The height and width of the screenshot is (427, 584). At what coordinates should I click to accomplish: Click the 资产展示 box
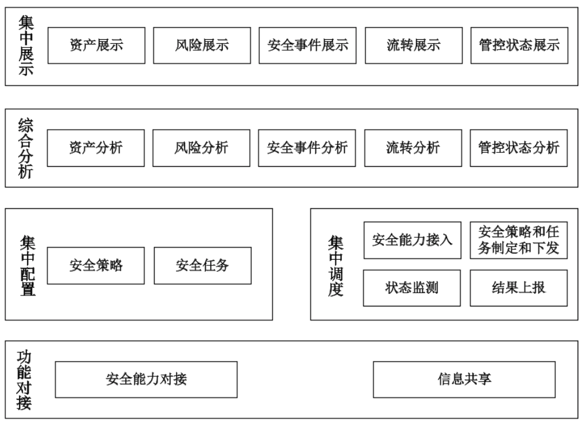pyautogui.click(x=96, y=45)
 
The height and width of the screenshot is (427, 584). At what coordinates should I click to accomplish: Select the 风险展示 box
pyautogui.click(x=202, y=45)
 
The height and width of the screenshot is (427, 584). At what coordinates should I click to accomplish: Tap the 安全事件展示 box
pyautogui.click(x=308, y=45)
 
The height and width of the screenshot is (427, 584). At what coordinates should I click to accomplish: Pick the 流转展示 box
pyautogui.click(x=413, y=45)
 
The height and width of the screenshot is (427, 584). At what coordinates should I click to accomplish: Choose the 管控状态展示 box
pyautogui.click(x=519, y=45)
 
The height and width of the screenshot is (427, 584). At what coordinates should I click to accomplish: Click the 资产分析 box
pyautogui.click(x=96, y=148)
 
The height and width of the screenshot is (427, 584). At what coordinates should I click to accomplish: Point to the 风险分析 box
pyautogui.click(x=201, y=148)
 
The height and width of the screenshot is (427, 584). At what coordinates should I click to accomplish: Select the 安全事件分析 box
pyautogui.click(x=307, y=148)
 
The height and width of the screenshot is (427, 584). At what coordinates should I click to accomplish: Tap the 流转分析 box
pyautogui.click(x=413, y=148)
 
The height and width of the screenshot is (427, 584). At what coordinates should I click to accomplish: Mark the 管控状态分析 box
pyautogui.click(x=519, y=148)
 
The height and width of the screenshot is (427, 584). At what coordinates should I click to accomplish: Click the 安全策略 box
pyautogui.click(x=96, y=265)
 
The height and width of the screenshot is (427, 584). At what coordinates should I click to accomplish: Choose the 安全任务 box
pyautogui.click(x=203, y=265)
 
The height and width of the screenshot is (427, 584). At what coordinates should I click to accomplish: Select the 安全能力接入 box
pyautogui.click(x=412, y=240)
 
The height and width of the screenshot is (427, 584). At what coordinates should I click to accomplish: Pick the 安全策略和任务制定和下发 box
pyautogui.click(x=519, y=240)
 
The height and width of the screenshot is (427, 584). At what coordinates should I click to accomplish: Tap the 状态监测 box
pyautogui.click(x=412, y=287)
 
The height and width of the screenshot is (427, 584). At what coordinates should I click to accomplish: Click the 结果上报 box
pyautogui.click(x=519, y=287)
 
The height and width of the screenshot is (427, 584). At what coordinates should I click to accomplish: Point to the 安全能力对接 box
pyautogui.click(x=146, y=379)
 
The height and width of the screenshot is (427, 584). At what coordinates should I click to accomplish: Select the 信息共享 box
pyautogui.click(x=465, y=379)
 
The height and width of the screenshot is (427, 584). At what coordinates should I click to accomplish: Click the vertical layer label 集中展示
pyautogui.click(x=26, y=46)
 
